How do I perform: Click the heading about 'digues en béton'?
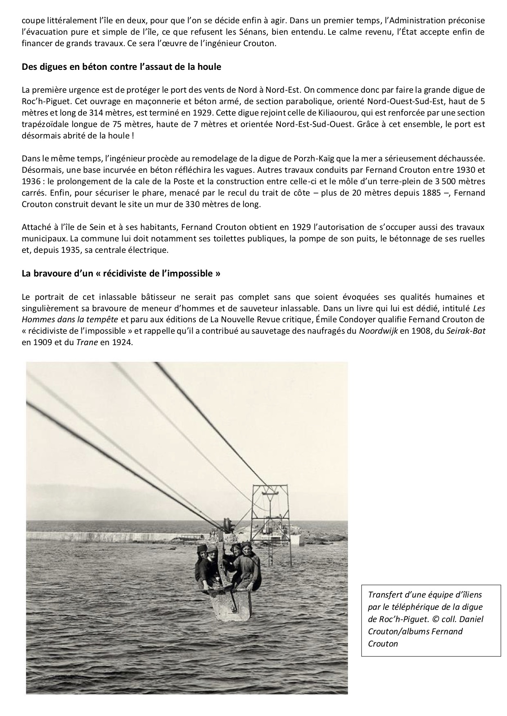[121, 67]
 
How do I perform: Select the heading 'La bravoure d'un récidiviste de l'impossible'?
[121, 273]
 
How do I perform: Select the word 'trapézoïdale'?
[43, 125]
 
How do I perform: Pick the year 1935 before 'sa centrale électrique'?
[68, 250]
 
